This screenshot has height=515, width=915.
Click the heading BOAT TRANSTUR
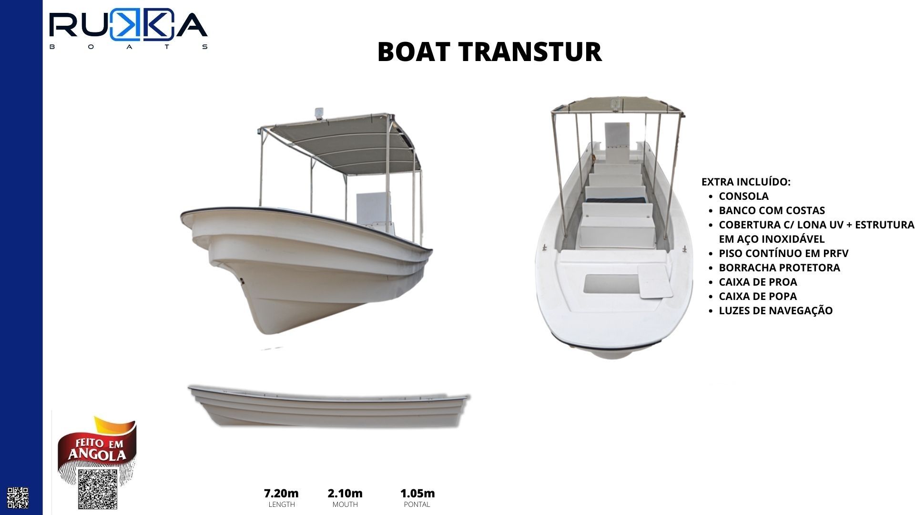pyautogui.click(x=489, y=52)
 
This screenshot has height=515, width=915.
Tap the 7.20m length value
pyautogui.click(x=281, y=493)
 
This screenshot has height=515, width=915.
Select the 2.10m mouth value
pyautogui.click(x=345, y=493)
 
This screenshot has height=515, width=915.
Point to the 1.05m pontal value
pyautogui.click(x=417, y=493)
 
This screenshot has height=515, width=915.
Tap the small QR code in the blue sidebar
pyautogui.click(x=18, y=498)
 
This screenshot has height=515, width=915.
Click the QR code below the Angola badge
pyautogui.click(x=98, y=489)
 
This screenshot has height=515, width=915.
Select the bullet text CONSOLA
pyautogui.click(x=743, y=196)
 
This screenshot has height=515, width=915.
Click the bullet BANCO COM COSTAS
pyautogui.click(x=772, y=210)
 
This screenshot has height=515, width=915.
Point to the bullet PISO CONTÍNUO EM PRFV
pyautogui.click(x=783, y=253)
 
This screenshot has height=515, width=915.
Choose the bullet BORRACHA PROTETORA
pyautogui.click(x=779, y=268)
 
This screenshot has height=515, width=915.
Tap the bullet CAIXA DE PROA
pyautogui.click(x=758, y=282)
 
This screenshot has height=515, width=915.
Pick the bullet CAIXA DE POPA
pyautogui.click(x=758, y=296)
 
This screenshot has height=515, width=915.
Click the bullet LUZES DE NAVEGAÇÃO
pyautogui.click(x=775, y=310)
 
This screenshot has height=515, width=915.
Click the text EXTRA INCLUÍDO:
pyautogui.click(x=746, y=182)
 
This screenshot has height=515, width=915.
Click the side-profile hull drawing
pyautogui.click(x=329, y=405)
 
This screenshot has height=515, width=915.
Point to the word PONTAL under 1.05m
pyautogui.click(x=417, y=505)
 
